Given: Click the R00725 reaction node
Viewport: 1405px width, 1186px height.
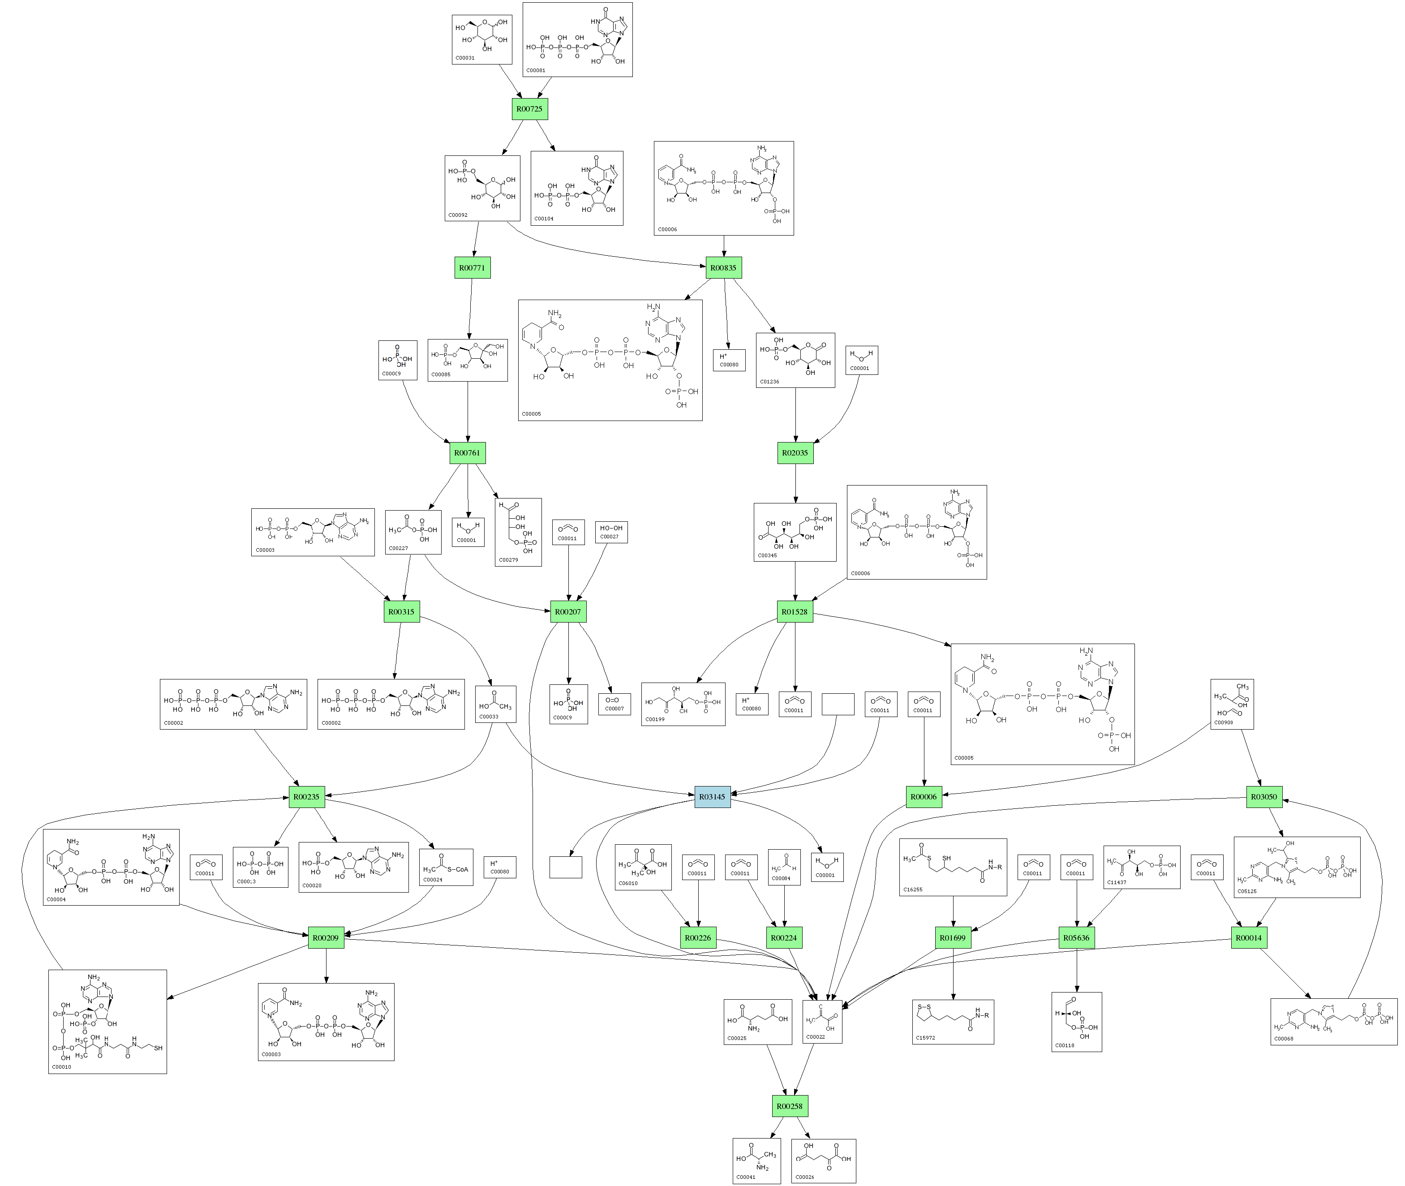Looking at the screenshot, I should (x=529, y=109).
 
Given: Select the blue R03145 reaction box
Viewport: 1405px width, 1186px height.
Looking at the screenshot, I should (x=712, y=797).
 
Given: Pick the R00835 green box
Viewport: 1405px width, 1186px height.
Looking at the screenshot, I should (x=723, y=267).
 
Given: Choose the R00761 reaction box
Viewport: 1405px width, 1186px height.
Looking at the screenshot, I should (x=467, y=452).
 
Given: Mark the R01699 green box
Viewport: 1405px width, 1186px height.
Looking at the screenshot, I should (x=953, y=938).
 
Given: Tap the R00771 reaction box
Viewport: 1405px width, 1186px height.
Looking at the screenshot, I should (x=472, y=267).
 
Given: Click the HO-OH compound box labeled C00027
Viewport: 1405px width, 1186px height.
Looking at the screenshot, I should (x=611, y=532).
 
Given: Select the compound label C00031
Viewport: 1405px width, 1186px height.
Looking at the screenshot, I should (x=464, y=58).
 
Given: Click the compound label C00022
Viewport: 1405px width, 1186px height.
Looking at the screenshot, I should (x=816, y=1037).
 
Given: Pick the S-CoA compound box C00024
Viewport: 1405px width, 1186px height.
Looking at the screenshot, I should (x=446, y=867).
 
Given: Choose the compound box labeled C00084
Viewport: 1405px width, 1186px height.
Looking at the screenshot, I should (x=784, y=867).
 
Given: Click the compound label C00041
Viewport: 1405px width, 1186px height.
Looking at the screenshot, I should (x=746, y=1177).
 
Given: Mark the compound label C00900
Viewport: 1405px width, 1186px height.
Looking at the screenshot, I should (x=1224, y=723).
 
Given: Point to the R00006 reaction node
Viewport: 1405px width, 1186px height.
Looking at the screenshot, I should (x=923, y=797).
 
